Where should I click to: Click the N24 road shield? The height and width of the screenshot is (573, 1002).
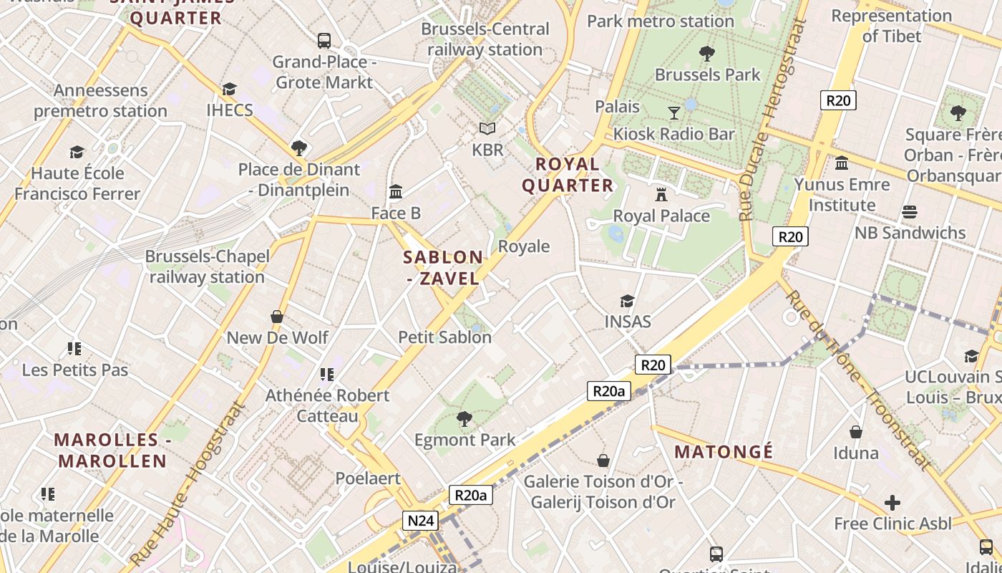coord(419,521)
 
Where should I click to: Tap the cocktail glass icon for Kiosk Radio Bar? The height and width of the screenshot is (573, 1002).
coord(674,112)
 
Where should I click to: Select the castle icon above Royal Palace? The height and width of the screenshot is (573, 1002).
coord(661,194)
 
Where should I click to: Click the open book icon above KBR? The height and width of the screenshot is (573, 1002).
coord(487,129)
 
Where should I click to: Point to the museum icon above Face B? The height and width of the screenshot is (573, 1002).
coord(396,191)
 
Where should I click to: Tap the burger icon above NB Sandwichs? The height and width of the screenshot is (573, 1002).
coord(910,212)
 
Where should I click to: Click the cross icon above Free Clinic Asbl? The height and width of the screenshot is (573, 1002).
coord(892,503)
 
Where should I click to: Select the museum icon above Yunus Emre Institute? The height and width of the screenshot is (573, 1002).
coord(842,163)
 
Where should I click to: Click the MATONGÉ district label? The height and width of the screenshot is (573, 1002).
coord(724,452)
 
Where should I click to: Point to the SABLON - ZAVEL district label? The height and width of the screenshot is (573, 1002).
coord(443,268)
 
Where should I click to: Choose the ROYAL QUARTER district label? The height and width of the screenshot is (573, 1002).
coord(568,175)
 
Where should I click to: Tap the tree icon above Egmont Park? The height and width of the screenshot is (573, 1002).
coord(464,418)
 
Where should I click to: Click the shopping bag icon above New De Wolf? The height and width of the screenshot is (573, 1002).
coord(277,317)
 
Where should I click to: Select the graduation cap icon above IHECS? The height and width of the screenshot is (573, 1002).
coord(229,89)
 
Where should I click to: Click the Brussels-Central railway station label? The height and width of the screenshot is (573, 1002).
coord(485,39)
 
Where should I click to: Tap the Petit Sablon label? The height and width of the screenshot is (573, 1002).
coord(444,337)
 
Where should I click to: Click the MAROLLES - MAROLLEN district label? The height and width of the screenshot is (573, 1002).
coord(112,451)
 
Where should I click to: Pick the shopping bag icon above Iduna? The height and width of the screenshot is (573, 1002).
coord(856,432)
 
